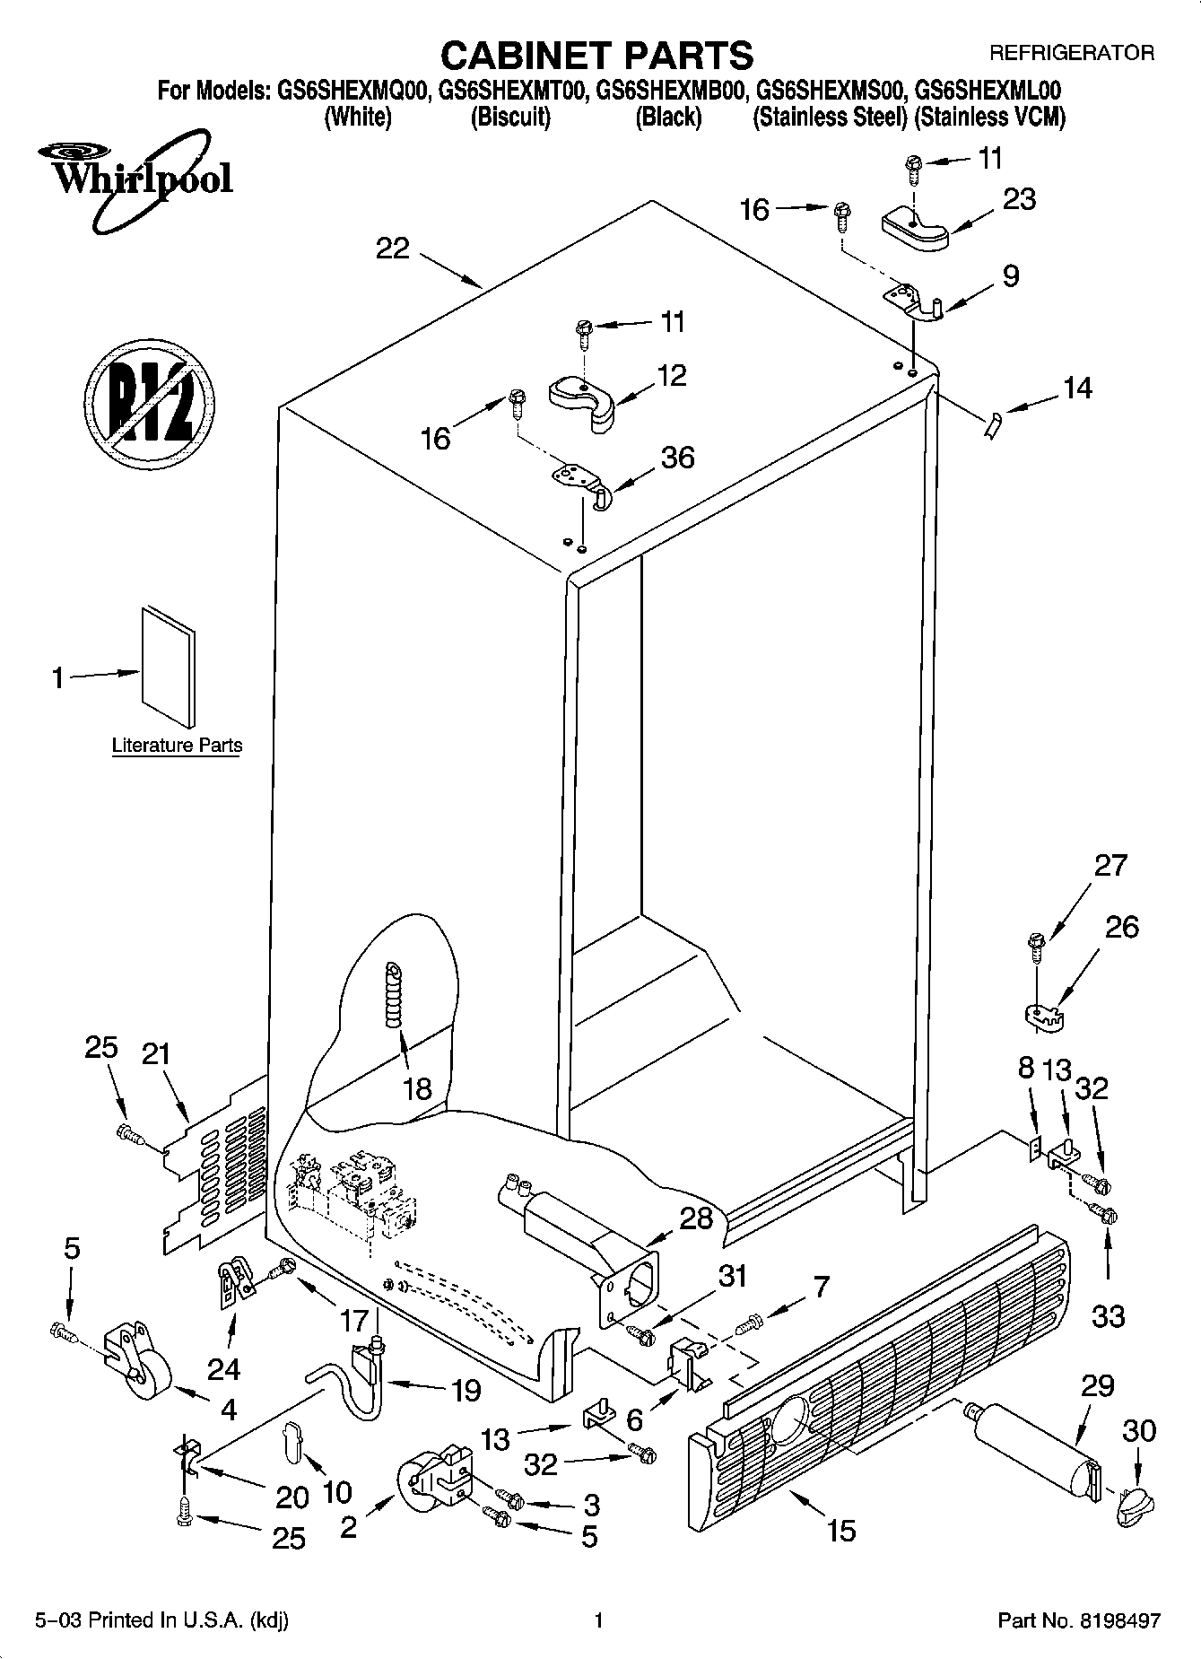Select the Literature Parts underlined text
pos(177,746)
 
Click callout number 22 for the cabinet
pos(393,249)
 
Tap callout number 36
pos(677,458)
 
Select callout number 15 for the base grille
pos(840,1529)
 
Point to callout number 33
pos(1109,1316)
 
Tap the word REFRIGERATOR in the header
pos(1071,53)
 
